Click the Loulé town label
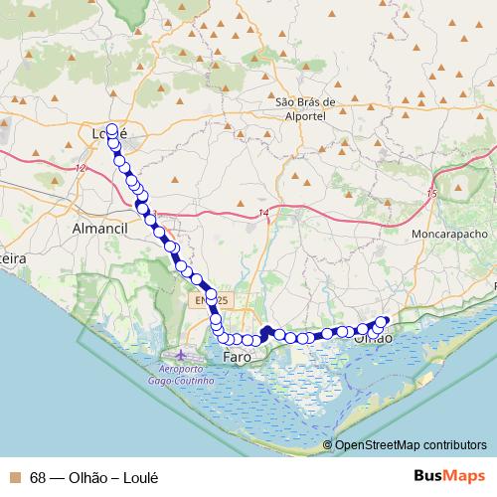108,133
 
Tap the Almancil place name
101,228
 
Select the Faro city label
237,355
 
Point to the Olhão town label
373,339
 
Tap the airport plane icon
180,354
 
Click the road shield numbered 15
430,192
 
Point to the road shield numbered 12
80,169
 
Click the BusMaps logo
450,475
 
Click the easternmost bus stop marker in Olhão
385,321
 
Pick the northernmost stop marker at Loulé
111,129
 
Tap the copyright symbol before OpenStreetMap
328,445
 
